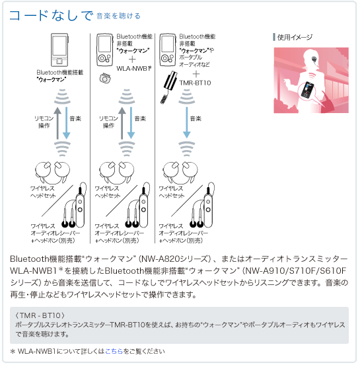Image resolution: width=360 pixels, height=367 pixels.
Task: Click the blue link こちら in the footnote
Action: [x=114, y=351]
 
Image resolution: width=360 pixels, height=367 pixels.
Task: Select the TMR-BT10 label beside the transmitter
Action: [x=195, y=83]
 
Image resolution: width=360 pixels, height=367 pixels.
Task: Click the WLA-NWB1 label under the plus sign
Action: [x=134, y=68]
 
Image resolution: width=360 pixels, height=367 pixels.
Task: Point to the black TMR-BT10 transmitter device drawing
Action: [x=168, y=87]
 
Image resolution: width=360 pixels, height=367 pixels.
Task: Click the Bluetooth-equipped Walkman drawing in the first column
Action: [x=59, y=50]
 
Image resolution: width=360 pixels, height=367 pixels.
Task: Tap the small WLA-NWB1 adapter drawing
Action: [x=105, y=78]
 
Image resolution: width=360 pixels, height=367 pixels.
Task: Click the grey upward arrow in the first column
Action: [x=57, y=123]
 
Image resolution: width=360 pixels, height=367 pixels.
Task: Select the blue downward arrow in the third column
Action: [x=186, y=122]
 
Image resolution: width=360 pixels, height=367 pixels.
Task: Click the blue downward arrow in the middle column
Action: [x=131, y=122]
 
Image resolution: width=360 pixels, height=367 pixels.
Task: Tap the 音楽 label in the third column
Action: [x=196, y=118]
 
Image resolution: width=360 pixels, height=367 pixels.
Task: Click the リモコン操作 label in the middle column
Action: [x=108, y=122]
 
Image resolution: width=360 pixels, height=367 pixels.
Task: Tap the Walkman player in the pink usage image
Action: [x=306, y=90]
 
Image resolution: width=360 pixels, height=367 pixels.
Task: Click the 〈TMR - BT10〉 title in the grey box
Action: [x=40, y=315]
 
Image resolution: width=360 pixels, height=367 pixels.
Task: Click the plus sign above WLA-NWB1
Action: [x=132, y=60]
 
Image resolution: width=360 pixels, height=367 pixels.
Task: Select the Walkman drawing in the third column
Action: [x=167, y=50]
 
